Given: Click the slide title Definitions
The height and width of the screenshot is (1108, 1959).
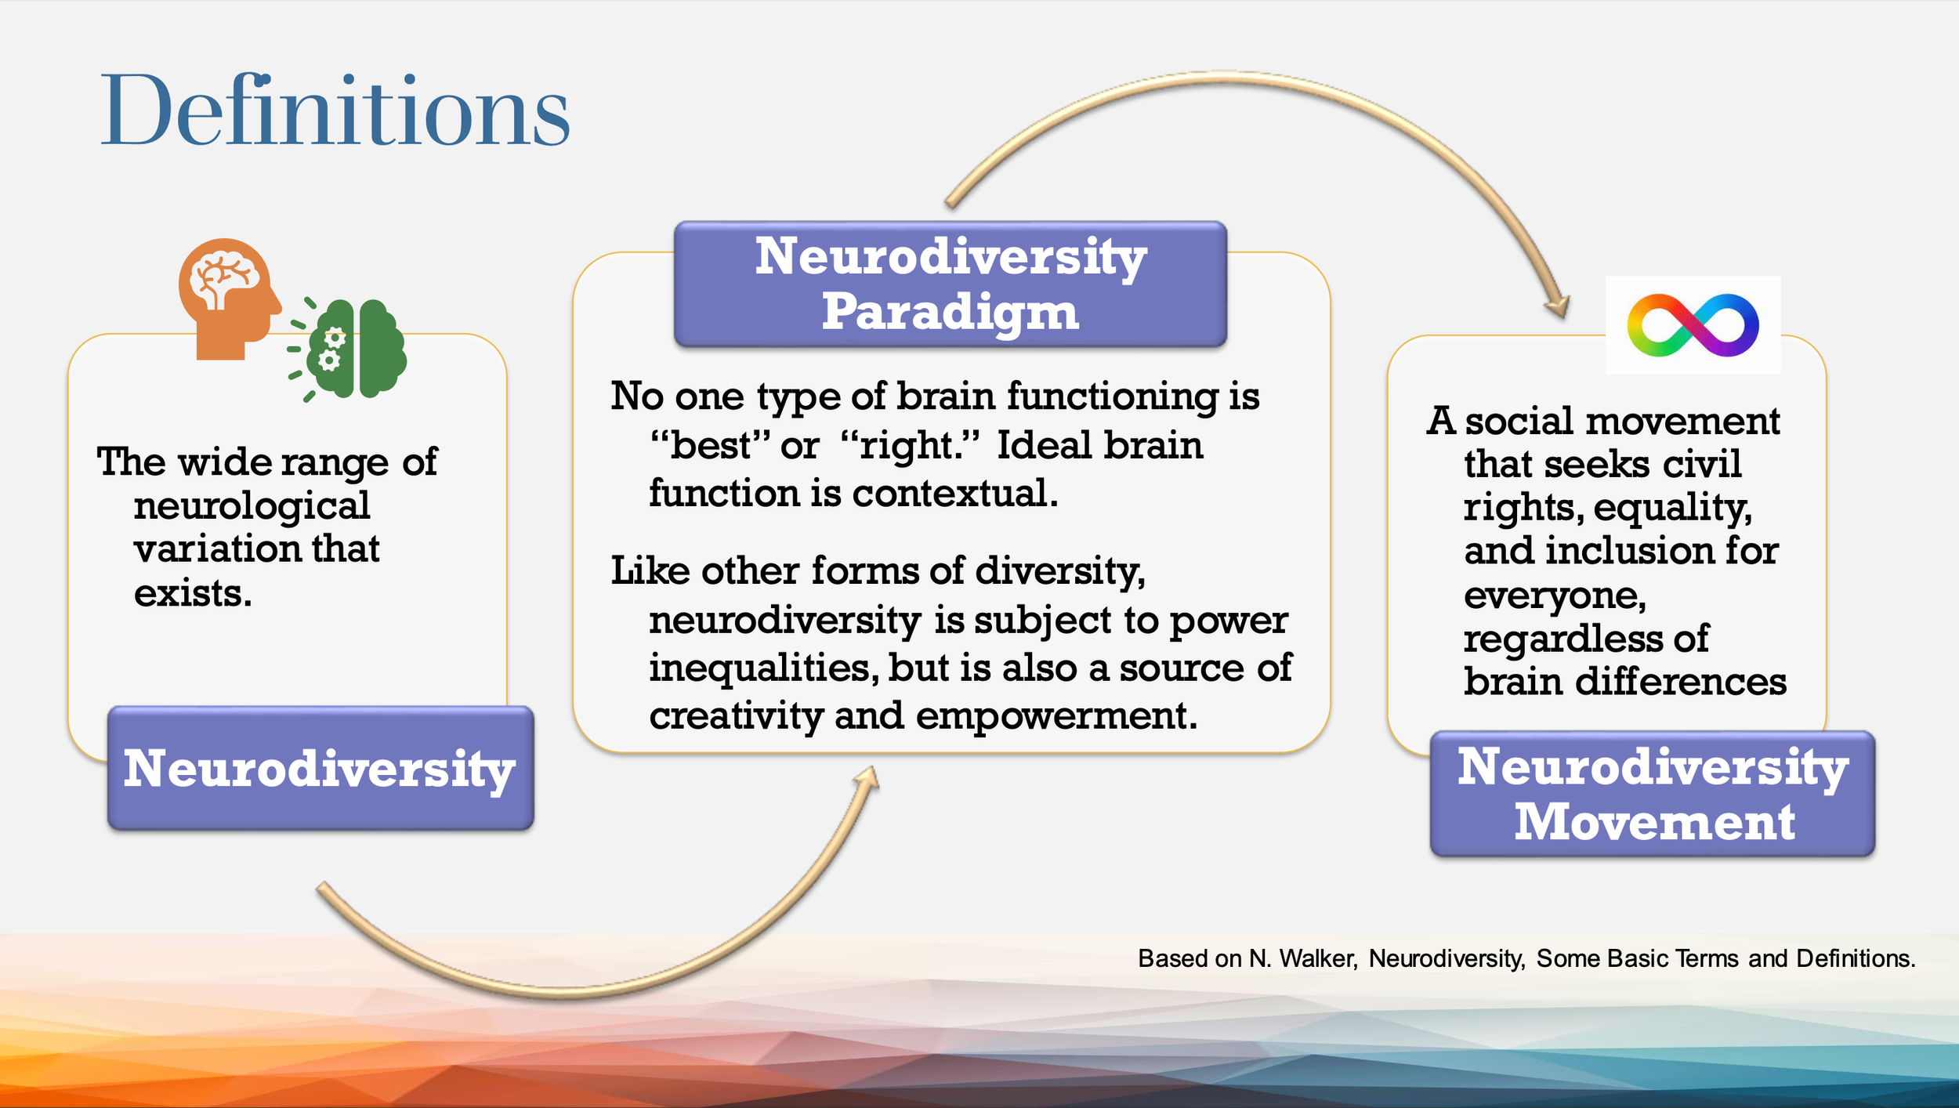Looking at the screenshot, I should coord(335,111).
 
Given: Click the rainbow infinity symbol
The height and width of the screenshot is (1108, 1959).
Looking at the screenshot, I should coord(1693,325).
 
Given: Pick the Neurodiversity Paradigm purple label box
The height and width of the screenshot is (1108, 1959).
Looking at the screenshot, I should coord(950,284).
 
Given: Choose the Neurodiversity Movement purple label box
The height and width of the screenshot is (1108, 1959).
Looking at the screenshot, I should coord(1652,794).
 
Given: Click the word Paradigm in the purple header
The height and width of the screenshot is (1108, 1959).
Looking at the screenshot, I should coord(950,312).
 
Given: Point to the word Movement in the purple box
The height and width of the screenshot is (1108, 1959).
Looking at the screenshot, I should coord(1653,822).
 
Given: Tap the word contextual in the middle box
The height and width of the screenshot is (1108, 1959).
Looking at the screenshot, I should coord(954,494).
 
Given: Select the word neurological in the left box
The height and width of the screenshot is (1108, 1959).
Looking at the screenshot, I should coord(252,505).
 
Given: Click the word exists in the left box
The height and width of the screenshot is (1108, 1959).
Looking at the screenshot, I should coord(193,593).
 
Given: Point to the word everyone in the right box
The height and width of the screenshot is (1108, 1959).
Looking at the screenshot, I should coord(1555,596).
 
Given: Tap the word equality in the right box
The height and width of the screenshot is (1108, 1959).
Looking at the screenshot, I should coord(1672,508).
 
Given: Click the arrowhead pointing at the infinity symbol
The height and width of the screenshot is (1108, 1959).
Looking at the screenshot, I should coord(1558,307).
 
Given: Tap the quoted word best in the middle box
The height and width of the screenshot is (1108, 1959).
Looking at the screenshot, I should coord(711,446).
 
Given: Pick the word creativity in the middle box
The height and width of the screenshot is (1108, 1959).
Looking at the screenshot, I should coord(736,715).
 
